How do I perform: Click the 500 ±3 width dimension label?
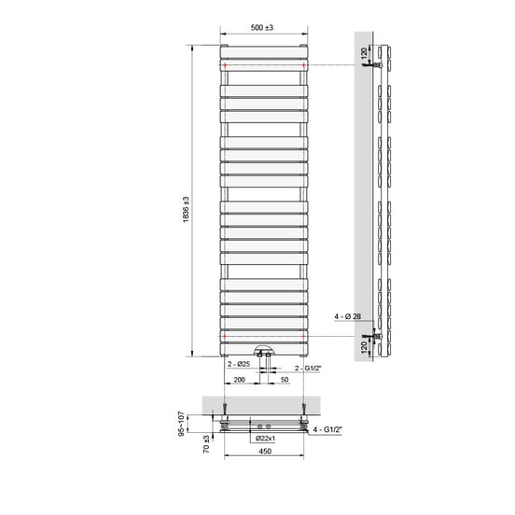[263, 29]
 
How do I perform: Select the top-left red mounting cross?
[225, 65]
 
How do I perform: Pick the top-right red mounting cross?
[302, 65]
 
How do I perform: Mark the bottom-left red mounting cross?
[225, 334]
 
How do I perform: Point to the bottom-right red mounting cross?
[302, 334]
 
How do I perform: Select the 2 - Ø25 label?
[237, 364]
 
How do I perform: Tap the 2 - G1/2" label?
[308, 369]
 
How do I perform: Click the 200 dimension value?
[240, 381]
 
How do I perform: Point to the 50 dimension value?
[284, 381]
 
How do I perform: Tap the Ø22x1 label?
[264, 438]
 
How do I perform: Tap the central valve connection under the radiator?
[264, 355]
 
